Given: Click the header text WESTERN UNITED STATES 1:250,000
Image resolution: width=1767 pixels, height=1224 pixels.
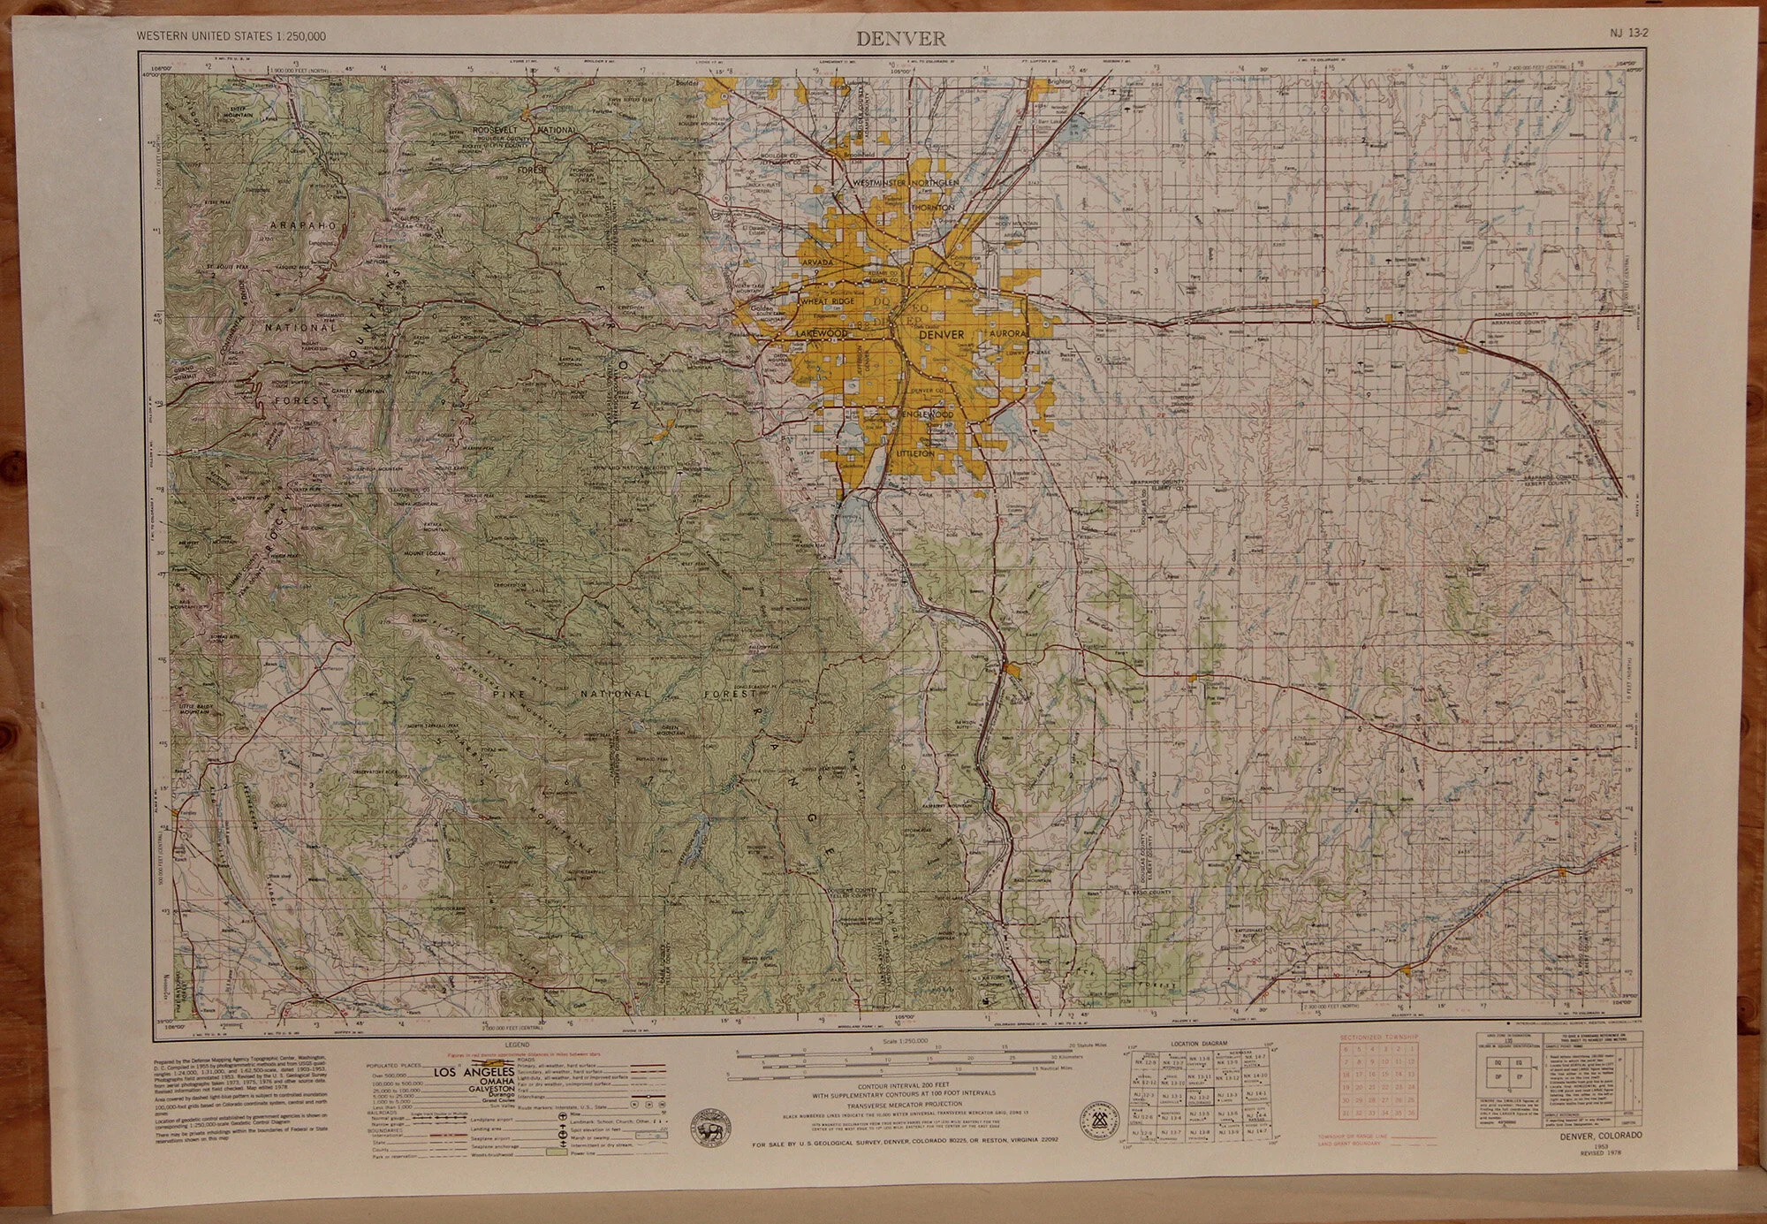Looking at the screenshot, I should pos(231,36).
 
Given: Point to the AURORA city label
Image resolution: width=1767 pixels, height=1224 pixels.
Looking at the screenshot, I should pos(1007,334).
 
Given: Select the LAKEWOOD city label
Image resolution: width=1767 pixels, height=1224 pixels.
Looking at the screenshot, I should pos(822,334).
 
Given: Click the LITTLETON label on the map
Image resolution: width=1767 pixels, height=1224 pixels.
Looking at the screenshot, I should pos(915,452).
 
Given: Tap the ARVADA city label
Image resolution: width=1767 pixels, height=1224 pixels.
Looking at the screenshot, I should pos(818,263).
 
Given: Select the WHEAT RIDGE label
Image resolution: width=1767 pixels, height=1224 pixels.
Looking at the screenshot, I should pos(827,302).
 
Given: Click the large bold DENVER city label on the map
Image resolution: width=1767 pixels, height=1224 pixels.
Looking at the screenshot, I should pos(941,335).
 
